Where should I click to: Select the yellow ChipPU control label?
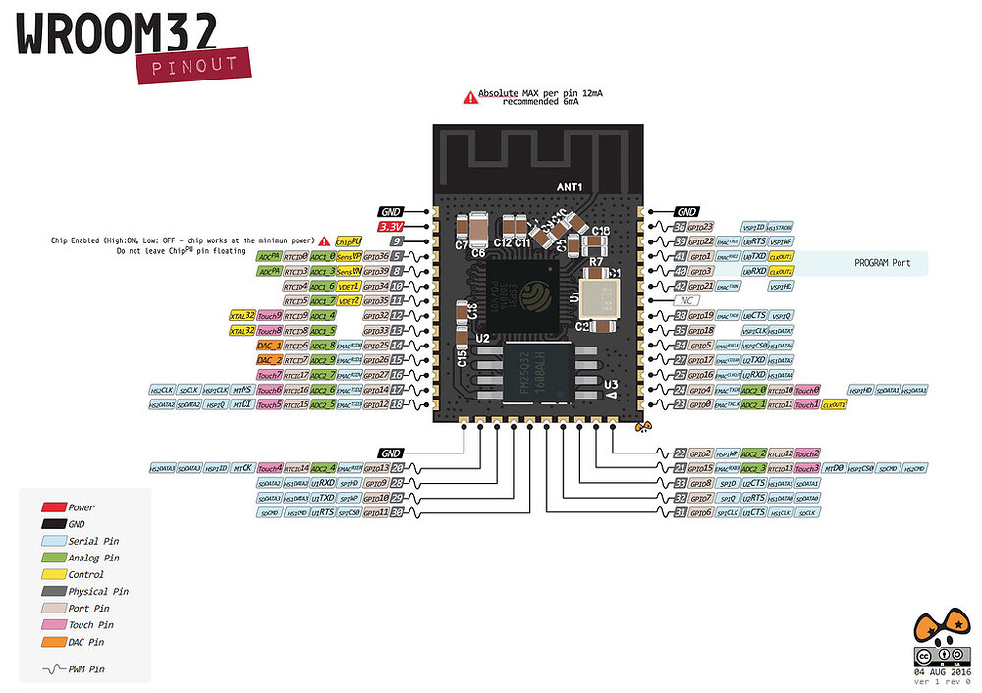(349, 240)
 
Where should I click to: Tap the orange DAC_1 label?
(269, 346)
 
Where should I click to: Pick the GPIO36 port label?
(376, 255)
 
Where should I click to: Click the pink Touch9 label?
(270, 315)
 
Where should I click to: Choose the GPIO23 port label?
(699, 227)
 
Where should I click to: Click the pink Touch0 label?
(806, 390)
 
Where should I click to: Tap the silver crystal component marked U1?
(597, 293)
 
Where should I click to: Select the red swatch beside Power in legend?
(53, 507)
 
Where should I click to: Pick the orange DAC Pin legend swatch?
(53, 642)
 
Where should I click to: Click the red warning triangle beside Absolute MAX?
(470, 97)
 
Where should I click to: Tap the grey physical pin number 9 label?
(397, 240)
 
